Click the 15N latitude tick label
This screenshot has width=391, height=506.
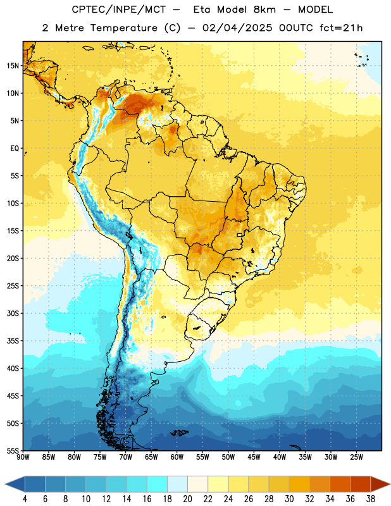point(13,66)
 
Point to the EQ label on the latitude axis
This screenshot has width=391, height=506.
point(15,149)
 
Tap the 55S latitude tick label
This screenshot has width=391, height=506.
point(13,450)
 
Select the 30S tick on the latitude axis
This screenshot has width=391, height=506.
point(13,313)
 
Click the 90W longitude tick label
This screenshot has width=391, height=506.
point(23,457)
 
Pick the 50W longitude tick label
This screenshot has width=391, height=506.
point(228,457)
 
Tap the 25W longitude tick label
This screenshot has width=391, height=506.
point(356,457)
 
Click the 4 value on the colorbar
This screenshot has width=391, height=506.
point(25,499)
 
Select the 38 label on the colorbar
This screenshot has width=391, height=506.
point(371,499)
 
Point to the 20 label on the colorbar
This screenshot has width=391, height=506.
point(187,499)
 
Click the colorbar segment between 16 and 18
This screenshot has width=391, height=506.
point(158,484)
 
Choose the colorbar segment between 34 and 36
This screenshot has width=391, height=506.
point(340,484)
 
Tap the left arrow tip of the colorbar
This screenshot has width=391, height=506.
point(5,484)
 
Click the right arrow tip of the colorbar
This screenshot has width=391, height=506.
point(390,484)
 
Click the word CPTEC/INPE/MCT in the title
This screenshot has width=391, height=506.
point(119,9)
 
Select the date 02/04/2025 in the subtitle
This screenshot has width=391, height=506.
point(237,28)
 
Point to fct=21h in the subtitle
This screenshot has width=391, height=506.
point(341,28)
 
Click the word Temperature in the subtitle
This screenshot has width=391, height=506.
point(123,28)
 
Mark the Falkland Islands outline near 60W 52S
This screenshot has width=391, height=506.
point(180,433)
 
